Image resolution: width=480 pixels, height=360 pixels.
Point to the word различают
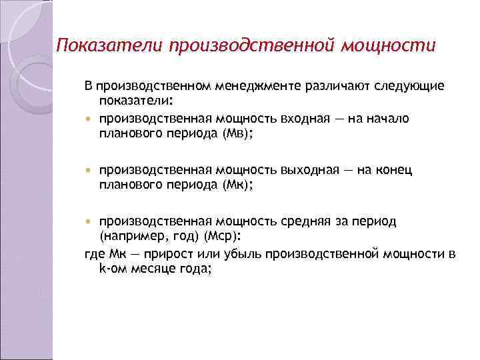(x=333, y=87)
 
